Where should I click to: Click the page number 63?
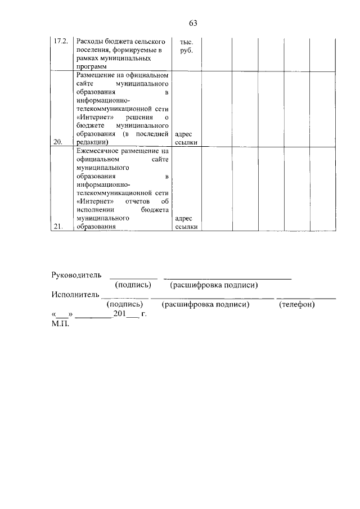click(193, 23)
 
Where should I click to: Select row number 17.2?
click(60, 42)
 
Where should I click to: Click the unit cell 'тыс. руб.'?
click(186, 46)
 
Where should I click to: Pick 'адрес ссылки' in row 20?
click(186, 138)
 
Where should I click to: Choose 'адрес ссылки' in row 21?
click(186, 223)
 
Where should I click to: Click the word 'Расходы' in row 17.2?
click(90, 42)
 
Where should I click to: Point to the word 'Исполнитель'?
click(74, 294)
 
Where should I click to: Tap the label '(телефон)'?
click(296, 304)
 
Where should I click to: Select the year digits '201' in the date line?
click(119, 314)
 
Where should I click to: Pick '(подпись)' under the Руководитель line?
click(133, 285)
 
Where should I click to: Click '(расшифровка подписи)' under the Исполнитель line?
click(205, 304)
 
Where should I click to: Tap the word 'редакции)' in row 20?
click(91, 142)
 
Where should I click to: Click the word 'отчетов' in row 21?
click(137, 201)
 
